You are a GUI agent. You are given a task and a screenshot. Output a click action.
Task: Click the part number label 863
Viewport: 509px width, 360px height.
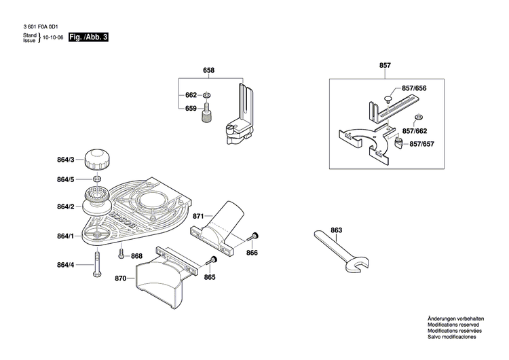[x=337, y=231]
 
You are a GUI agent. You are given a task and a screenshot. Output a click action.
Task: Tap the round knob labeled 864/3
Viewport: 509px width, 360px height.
[x=96, y=160]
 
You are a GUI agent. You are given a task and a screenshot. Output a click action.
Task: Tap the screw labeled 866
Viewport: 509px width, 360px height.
[x=253, y=236]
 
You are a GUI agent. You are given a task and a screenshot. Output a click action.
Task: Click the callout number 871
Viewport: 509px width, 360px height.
[x=198, y=216]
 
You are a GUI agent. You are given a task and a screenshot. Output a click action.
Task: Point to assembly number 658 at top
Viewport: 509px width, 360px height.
[x=208, y=71]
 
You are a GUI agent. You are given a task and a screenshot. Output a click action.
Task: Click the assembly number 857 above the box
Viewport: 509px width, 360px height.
[x=385, y=65]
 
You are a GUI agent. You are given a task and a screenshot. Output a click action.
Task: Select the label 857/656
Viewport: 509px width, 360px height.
[x=414, y=89]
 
